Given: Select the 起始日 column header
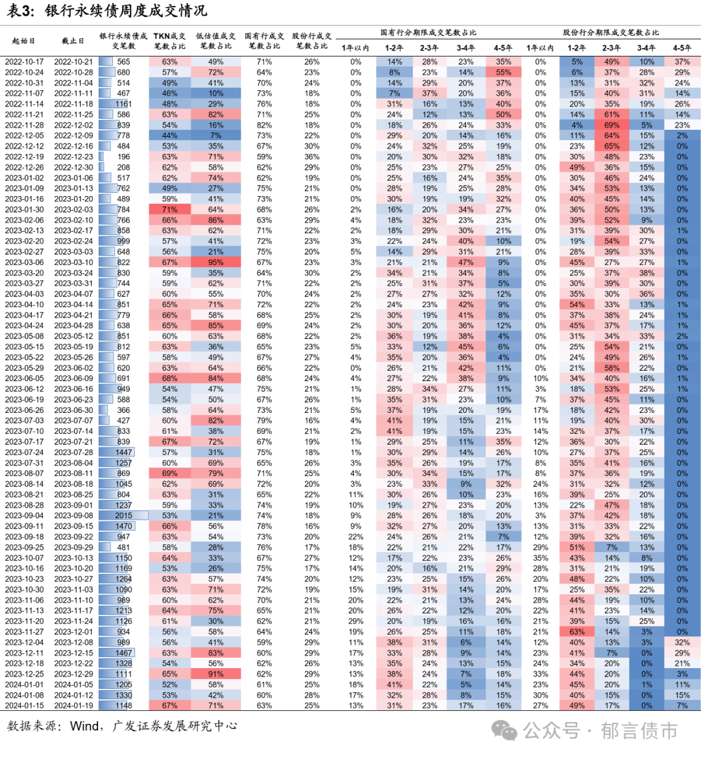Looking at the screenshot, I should [x=23, y=41].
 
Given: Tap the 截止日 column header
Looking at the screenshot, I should [x=73, y=41].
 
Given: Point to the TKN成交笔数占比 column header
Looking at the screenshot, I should [x=169, y=41].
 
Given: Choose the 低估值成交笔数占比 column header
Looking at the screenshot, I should [x=215, y=41].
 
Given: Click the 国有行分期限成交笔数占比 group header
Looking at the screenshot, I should [x=428, y=32].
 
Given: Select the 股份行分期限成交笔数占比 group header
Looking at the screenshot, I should [x=611, y=32].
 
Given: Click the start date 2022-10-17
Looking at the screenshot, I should [x=24, y=62].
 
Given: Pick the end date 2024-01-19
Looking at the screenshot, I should [x=73, y=706].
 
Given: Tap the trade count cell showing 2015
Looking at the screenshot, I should [x=123, y=516].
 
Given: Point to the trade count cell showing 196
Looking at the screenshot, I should [x=123, y=156].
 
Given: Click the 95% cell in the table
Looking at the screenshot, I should [x=216, y=262].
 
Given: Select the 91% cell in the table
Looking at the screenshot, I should [x=216, y=674].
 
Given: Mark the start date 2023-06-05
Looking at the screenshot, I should [x=24, y=379].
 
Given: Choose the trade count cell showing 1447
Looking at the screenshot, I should [x=123, y=453].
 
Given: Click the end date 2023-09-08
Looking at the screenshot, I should [x=73, y=516].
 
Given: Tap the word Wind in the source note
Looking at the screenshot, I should [x=84, y=726].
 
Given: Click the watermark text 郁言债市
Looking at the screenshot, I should [x=639, y=731].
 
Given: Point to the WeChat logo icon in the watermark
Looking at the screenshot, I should [x=504, y=731].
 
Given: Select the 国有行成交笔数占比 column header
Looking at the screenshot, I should [x=264, y=41].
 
